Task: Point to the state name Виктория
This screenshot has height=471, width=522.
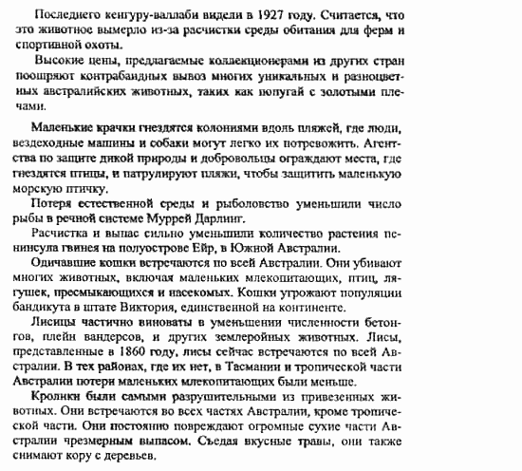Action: point(190,305)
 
